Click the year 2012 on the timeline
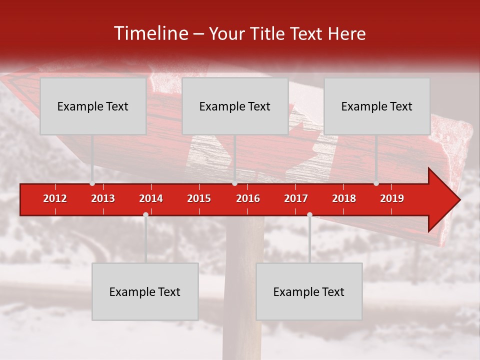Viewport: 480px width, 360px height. (55, 198)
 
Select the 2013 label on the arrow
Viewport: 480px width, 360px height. (103, 198)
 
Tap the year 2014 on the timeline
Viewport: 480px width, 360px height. (151, 198)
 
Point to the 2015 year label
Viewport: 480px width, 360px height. (199, 198)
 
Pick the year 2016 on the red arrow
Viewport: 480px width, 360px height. (248, 198)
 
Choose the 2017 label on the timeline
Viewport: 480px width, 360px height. (296, 198)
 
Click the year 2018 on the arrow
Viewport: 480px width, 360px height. (344, 198)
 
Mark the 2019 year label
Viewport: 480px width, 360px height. (392, 198)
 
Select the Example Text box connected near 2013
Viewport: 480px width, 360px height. (93, 106)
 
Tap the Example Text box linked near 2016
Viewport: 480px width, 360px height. (235, 106)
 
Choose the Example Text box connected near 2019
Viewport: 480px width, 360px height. (377, 106)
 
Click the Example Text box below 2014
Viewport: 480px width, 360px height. (145, 291)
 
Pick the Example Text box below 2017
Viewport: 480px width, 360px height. (309, 291)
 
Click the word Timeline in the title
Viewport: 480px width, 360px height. (150, 33)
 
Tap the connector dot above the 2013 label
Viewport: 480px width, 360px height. (92, 183)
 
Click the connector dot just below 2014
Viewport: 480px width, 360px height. (145, 215)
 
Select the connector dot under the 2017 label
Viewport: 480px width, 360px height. (309, 215)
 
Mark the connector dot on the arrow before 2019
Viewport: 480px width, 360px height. (376, 183)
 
